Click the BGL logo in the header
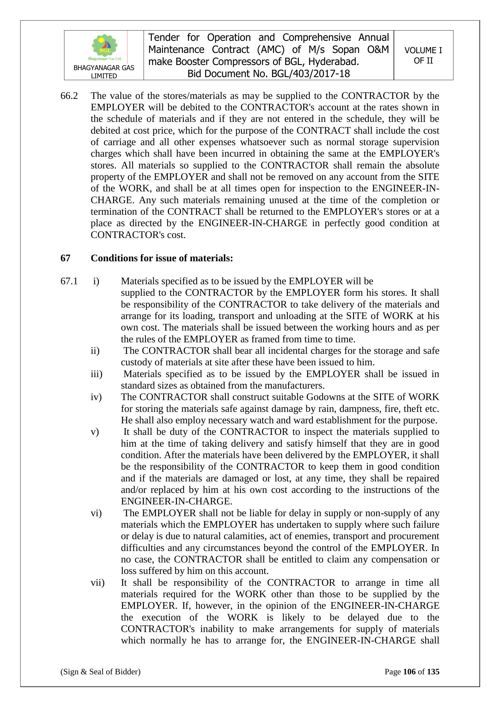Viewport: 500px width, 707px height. point(104,47)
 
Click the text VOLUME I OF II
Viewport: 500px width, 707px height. point(423,55)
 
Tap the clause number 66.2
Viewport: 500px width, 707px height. point(69,96)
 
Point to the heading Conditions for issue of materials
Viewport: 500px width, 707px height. point(162,258)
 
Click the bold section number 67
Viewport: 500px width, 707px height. point(65,258)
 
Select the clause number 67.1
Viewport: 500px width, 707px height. point(69,281)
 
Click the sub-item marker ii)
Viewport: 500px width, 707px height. point(95,351)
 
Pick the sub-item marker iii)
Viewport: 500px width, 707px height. point(96,374)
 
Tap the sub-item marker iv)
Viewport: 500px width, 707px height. point(96,397)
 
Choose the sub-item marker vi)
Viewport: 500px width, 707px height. point(96,513)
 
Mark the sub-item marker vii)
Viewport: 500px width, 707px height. point(97,583)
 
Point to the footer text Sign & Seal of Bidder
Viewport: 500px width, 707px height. point(100,672)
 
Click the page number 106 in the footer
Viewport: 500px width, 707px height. point(409,672)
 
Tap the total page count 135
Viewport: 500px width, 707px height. point(433,672)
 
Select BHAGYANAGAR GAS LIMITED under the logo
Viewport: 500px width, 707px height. point(104,72)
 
